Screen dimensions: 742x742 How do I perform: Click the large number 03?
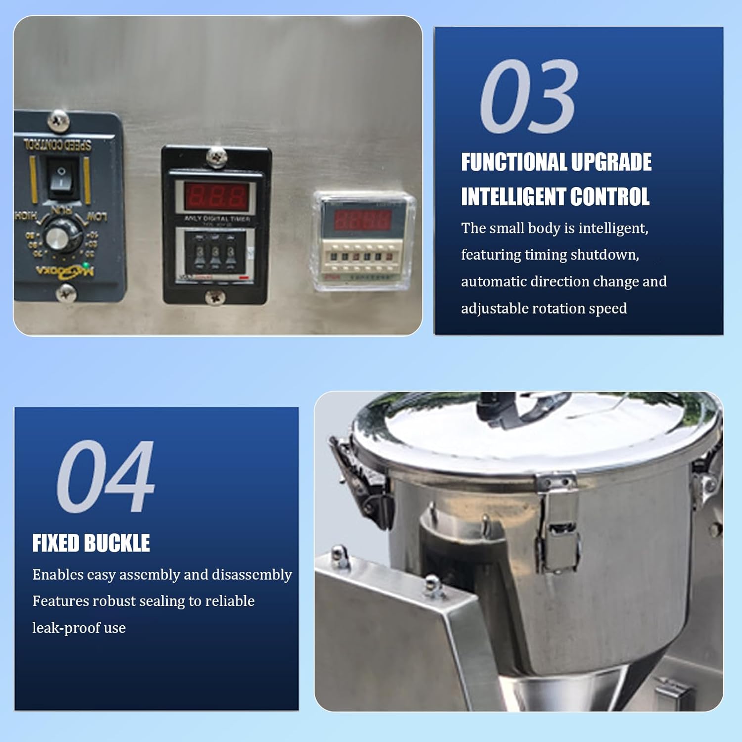pyautogui.click(x=528, y=96)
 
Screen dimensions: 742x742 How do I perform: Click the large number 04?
pyautogui.click(x=106, y=476)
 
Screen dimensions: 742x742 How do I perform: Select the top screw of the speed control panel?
pyautogui.click(x=58, y=120)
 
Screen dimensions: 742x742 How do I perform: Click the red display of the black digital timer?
pyautogui.click(x=216, y=196)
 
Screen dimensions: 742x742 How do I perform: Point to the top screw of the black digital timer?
pyautogui.click(x=216, y=157)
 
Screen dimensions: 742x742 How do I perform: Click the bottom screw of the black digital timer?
pyautogui.click(x=215, y=297)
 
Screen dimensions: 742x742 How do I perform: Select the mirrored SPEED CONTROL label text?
pyautogui.click(x=57, y=145)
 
